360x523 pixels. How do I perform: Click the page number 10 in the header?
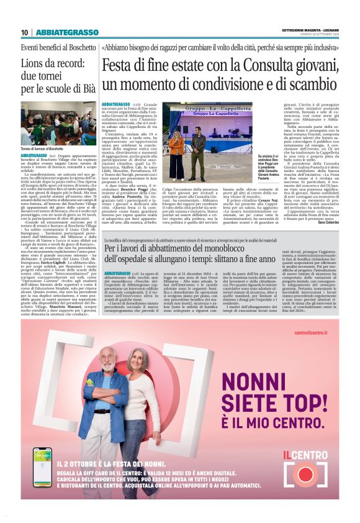(x=24, y=32)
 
